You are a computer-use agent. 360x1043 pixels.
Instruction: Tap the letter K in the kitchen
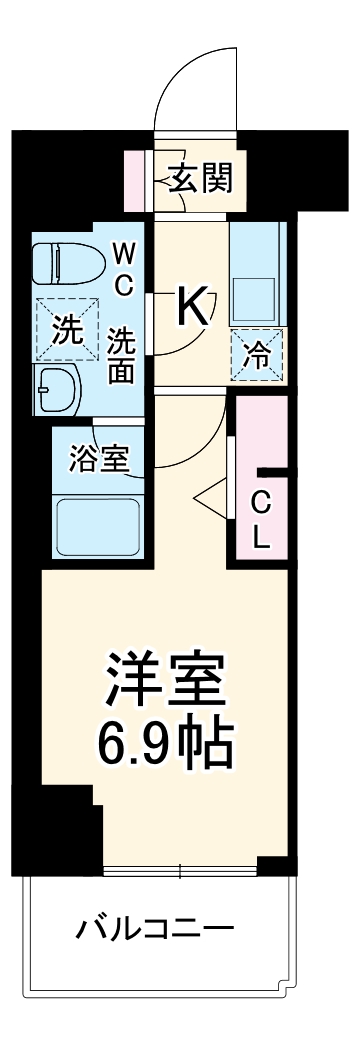[x=192, y=306]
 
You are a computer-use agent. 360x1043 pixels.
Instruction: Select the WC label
[x=122, y=267]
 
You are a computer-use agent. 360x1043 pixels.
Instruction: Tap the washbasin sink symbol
[x=58, y=387]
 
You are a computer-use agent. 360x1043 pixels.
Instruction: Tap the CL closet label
[x=260, y=519]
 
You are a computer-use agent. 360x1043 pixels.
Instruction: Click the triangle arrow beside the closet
[x=208, y=496]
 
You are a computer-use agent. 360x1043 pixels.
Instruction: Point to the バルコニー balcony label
[x=156, y=930]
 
